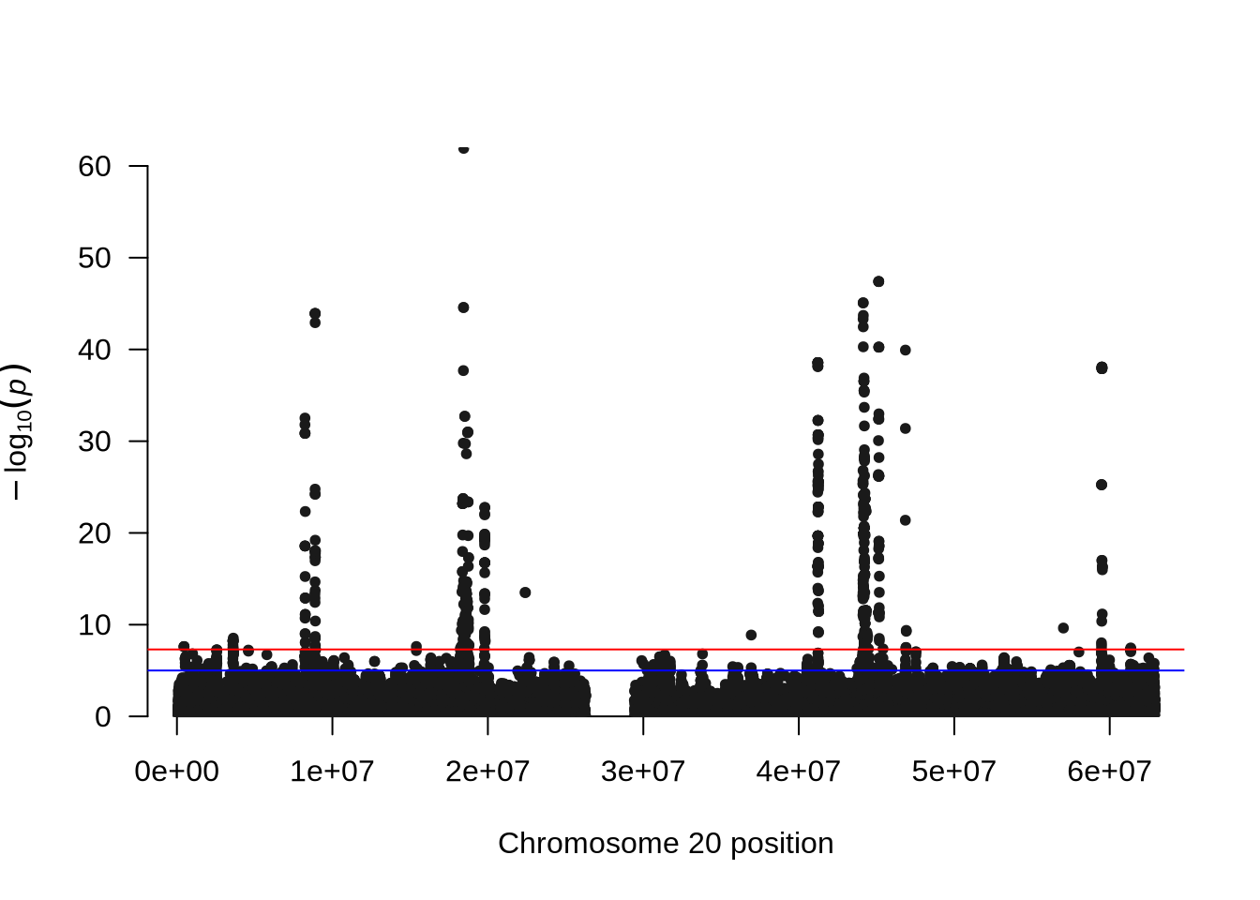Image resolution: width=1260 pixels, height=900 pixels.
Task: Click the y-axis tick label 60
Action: (95, 167)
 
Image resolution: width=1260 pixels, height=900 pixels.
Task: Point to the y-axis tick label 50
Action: (95, 258)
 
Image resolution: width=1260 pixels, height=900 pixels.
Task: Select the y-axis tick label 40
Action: (95, 350)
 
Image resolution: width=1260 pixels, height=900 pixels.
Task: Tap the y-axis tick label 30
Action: (95, 442)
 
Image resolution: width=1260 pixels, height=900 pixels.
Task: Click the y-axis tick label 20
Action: (95, 533)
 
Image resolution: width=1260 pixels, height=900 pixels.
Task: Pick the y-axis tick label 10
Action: (95, 625)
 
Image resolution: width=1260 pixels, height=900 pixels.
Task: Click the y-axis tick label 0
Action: (103, 717)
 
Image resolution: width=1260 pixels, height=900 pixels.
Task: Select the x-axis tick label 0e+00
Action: (176, 772)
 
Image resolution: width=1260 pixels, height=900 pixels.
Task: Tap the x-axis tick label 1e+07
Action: (332, 772)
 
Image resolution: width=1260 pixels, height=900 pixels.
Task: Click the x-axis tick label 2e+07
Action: (487, 772)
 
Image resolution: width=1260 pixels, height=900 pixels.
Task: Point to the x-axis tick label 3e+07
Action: (643, 772)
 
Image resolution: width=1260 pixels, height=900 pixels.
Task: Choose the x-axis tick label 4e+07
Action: (799, 772)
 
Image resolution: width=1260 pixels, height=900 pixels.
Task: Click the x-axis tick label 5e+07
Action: (954, 772)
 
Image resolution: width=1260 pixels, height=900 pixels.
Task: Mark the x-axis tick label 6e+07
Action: (1110, 772)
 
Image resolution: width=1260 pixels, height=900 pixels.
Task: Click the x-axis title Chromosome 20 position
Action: (666, 844)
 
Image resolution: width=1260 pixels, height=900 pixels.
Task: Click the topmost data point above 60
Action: (463, 148)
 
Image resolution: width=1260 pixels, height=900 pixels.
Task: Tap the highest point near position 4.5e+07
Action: (878, 281)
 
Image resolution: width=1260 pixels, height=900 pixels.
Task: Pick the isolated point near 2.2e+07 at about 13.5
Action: (525, 592)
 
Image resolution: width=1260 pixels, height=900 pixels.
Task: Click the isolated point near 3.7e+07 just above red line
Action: (751, 635)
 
